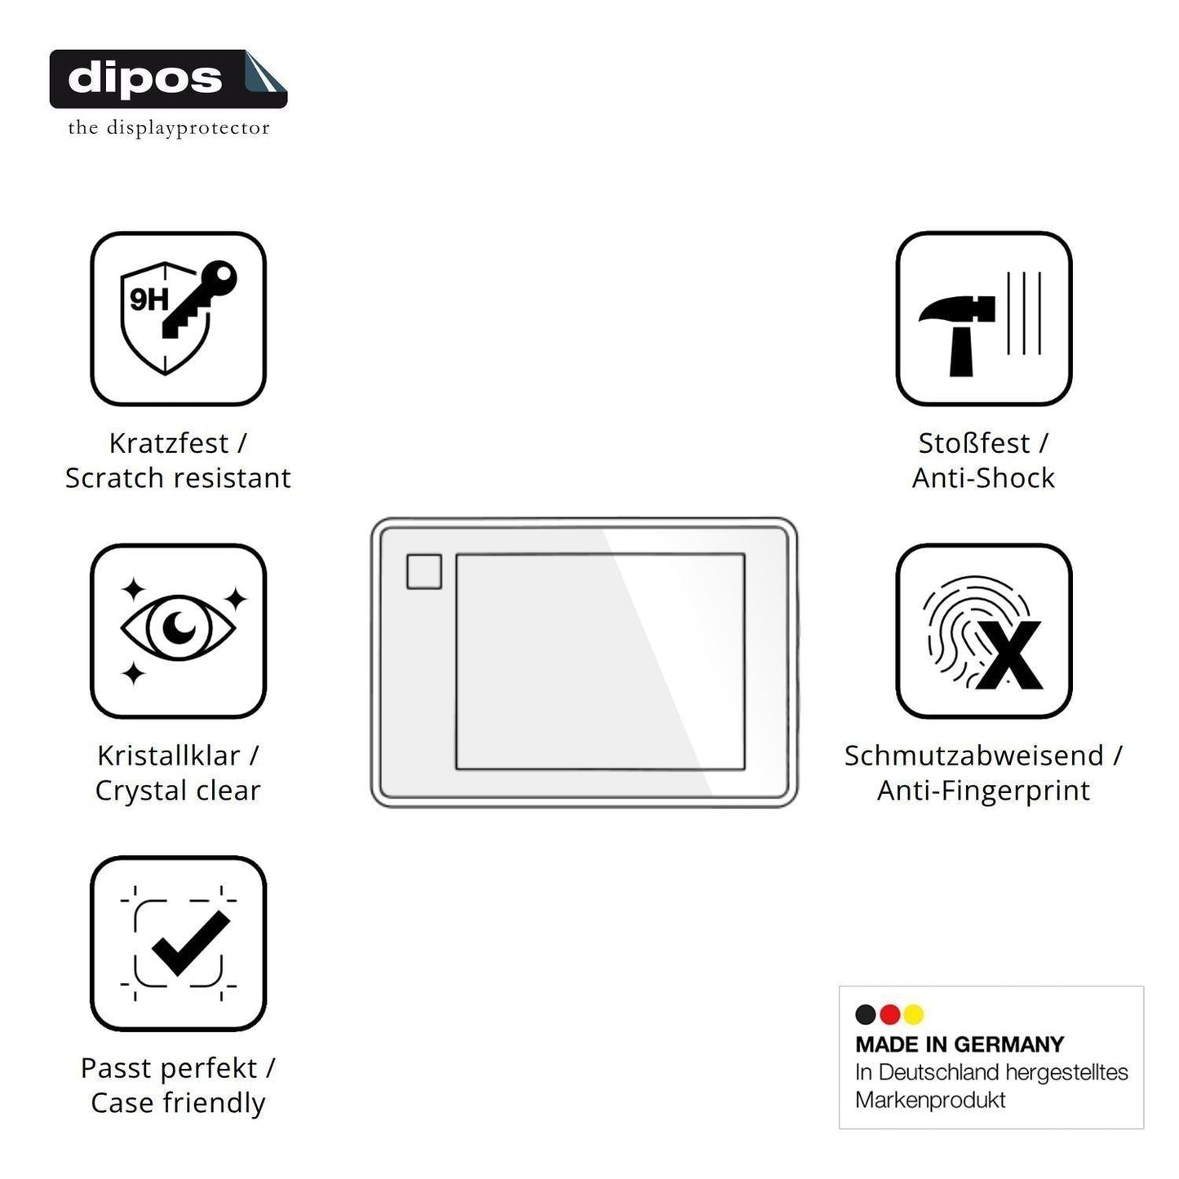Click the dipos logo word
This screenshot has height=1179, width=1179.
tap(145, 78)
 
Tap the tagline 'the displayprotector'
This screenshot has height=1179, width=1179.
tap(168, 128)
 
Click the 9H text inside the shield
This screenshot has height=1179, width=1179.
tap(148, 299)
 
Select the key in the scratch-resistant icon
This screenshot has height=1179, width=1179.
tap(199, 299)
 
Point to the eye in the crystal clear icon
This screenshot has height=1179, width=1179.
tap(178, 627)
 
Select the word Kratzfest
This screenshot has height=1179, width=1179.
tap(169, 443)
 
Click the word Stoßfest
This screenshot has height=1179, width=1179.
tap(974, 443)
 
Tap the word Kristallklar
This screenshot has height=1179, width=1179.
tap(169, 756)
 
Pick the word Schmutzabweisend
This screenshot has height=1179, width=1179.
tap(974, 756)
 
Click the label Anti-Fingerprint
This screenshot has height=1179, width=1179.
tap(984, 791)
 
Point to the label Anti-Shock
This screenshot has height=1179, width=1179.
tap(984, 478)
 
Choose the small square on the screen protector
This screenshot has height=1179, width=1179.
tap(424, 571)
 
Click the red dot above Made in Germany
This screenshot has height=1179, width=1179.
tap(889, 1014)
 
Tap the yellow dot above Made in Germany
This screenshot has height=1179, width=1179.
tap(914, 1014)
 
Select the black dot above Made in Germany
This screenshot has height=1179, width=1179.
tap(866, 1014)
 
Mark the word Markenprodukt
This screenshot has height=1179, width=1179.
tap(930, 1100)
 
